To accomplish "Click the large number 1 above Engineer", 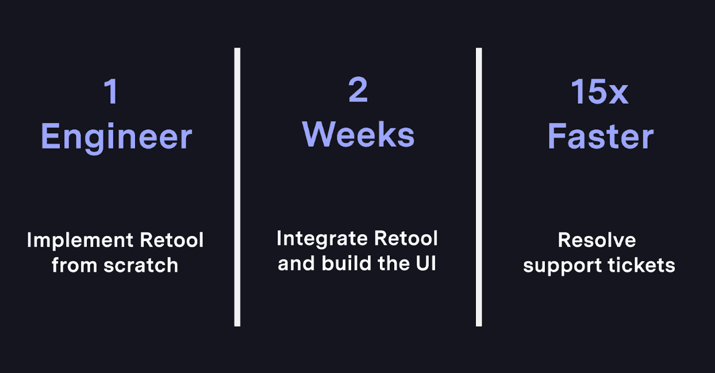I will click(111, 91).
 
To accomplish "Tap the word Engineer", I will click(116, 137).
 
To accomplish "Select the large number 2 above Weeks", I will click(357, 90).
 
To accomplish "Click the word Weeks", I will click(358, 135).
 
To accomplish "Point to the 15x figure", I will click(599, 91).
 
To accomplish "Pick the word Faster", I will click(600, 137).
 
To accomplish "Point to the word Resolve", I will click(597, 240).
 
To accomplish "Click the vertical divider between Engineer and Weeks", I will click(237, 187).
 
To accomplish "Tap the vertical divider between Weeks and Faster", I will click(479, 187).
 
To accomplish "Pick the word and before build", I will click(297, 263).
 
